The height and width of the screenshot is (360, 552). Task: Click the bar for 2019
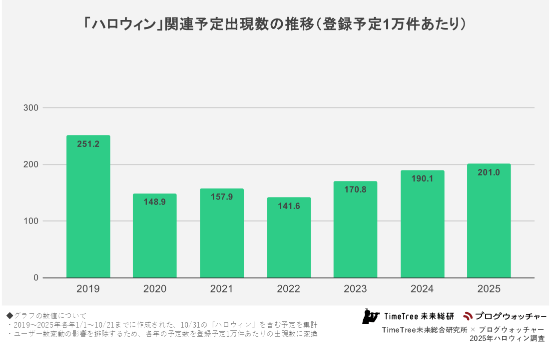pos(88,210)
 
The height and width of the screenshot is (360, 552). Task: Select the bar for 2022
pos(289,240)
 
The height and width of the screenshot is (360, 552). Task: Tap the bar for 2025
pos(489,225)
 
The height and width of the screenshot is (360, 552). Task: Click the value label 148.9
pos(155,202)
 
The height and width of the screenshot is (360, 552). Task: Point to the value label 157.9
pos(222,197)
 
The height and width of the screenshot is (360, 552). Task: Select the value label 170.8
pos(355,189)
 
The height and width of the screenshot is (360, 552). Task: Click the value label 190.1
pos(422,179)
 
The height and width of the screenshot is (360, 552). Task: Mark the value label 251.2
pos(88,144)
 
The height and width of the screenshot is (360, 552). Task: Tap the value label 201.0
pos(489,172)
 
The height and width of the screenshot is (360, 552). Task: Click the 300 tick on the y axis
pos(31,108)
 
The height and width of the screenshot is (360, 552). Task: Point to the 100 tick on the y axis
pos(31,221)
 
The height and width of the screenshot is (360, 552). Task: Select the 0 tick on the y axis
pos(36,278)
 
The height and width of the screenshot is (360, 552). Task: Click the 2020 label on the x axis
pos(155,289)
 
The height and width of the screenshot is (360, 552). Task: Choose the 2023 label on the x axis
pos(355,289)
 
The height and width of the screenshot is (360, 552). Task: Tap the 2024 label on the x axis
pos(422,289)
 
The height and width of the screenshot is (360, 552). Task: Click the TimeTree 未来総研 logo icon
pos(371,316)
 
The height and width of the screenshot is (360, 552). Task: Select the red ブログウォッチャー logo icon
pos(468,316)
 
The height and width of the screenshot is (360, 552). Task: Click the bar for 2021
pos(222,235)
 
